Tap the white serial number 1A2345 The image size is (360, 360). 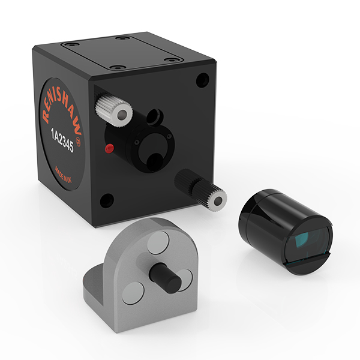click(62, 140)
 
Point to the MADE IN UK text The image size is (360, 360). click(63, 175)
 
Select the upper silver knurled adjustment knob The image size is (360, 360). click(114, 110)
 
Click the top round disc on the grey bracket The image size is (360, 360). click(158, 242)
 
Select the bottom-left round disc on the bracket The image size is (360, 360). click(133, 293)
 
